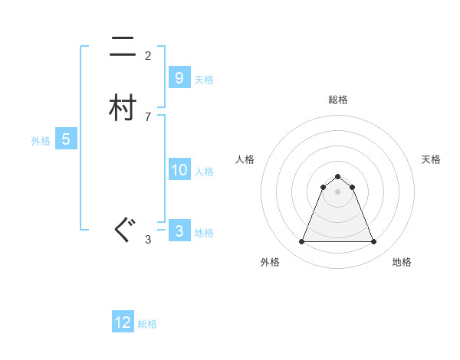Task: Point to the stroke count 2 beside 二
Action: (x=148, y=56)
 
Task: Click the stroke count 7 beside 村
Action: (x=148, y=117)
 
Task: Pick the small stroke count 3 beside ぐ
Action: (x=148, y=240)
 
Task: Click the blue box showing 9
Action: (x=179, y=78)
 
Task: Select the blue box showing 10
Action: (x=179, y=170)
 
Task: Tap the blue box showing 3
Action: (x=179, y=231)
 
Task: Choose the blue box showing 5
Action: (x=66, y=139)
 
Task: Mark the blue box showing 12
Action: (x=123, y=322)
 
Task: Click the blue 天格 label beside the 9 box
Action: (x=204, y=80)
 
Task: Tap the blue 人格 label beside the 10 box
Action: (x=204, y=172)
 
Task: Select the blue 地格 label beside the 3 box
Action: (x=204, y=233)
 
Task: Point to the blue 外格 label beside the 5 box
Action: (x=41, y=141)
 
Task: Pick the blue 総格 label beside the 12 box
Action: (x=147, y=324)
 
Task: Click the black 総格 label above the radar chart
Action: (x=337, y=100)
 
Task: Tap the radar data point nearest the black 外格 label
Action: (x=301, y=242)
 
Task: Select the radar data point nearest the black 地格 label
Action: (x=373, y=242)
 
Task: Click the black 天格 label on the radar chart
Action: (x=431, y=159)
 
